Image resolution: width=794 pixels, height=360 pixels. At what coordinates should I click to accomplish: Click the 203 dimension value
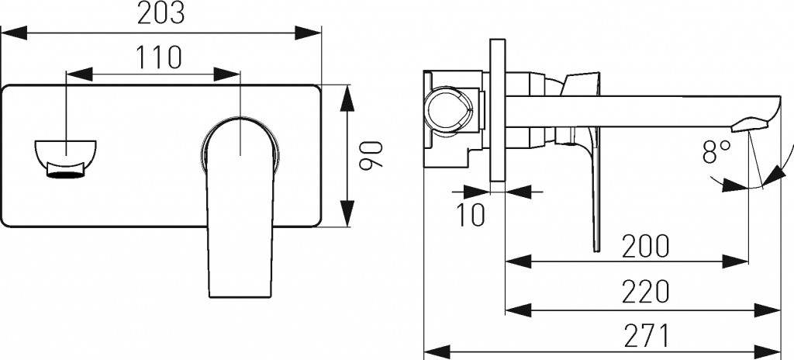(x=161, y=14)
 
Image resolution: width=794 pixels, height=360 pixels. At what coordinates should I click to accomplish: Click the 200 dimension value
(x=646, y=245)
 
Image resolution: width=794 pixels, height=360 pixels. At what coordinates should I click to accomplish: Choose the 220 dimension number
(x=646, y=292)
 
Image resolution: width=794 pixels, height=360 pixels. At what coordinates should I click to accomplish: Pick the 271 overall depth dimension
(x=646, y=336)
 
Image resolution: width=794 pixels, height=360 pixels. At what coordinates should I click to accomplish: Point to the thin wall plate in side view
(x=498, y=109)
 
